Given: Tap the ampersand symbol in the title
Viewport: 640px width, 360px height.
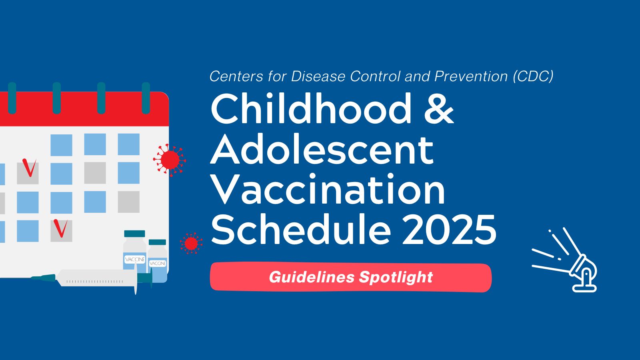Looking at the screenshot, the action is click(439, 108).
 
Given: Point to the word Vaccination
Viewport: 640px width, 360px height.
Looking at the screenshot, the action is click(328, 189).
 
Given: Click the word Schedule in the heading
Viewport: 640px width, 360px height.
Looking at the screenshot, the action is click(300, 230).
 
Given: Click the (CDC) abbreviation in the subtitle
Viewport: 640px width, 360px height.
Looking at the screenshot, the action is click(533, 76).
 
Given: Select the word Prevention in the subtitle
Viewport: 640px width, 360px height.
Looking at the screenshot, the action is click(470, 76).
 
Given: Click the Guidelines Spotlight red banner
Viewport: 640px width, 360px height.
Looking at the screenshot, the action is click(351, 277).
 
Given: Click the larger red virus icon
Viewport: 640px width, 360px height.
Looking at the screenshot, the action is click(170, 160).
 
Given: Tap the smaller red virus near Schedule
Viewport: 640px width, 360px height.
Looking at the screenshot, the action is click(191, 244).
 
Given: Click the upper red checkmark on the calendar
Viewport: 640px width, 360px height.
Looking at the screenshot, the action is click(29, 168).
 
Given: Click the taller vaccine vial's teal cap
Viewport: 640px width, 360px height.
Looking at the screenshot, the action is click(134, 234).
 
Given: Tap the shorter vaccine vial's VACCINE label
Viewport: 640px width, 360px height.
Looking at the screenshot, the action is click(158, 263).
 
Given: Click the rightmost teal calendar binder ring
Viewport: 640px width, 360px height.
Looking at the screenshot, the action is click(146, 98).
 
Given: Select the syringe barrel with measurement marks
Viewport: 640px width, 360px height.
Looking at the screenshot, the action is click(96, 278).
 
